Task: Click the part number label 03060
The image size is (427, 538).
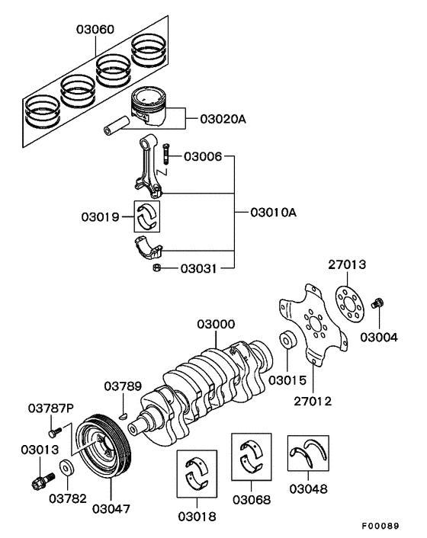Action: point(95,30)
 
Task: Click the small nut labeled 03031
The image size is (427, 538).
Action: point(155,267)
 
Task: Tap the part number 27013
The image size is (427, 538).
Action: point(347,265)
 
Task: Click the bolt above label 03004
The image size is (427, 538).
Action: point(375,306)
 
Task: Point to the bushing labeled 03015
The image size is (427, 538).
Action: point(288,340)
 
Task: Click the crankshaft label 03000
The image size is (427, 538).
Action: point(217,324)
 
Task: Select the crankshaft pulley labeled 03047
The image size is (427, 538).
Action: point(106,446)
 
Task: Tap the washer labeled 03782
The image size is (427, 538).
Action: point(66,467)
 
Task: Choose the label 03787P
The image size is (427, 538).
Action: point(52,408)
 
